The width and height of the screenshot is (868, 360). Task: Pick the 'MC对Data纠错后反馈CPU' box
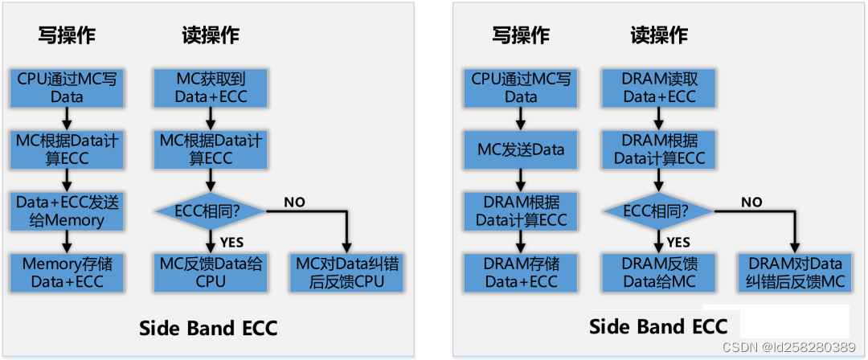[347, 272]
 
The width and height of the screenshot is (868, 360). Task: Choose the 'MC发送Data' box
[521, 149]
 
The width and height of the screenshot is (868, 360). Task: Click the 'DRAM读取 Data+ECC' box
[660, 88]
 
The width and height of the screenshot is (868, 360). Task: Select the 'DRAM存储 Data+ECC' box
[521, 272]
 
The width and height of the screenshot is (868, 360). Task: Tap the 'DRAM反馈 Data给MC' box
[660, 272]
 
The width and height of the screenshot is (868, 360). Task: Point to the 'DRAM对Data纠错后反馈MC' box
[796, 272]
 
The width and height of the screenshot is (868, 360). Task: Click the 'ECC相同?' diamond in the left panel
[209, 211]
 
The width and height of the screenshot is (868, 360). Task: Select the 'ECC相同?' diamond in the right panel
[659, 211]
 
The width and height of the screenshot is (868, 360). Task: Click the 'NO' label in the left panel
[294, 202]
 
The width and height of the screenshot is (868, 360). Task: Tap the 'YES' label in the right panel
[679, 242]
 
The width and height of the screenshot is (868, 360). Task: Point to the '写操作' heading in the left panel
[68, 35]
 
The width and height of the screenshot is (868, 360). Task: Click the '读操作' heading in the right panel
[659, 35]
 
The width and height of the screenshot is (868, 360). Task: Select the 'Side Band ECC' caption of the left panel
[208, 328]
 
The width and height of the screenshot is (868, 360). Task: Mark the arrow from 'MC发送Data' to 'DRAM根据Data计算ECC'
[521, 178]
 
